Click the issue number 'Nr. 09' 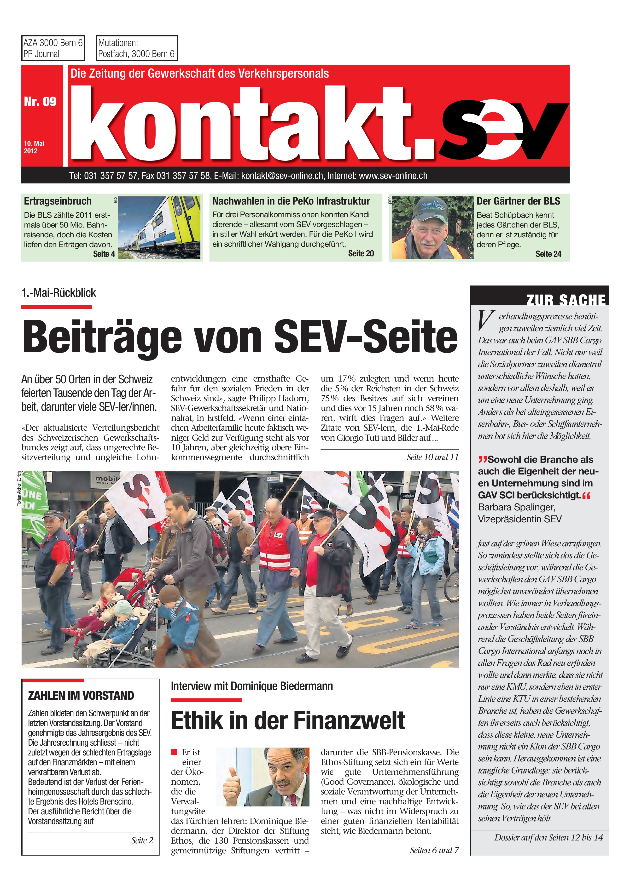[40, 102]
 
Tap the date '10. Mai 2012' [34, 147]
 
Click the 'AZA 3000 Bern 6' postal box [53, 48]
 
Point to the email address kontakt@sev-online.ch [282, 176]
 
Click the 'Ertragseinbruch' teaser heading [58, 201]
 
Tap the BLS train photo [159, 227]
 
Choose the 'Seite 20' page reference [361, 253]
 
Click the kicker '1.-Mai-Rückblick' [59, 293]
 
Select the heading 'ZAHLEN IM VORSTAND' [81, 695]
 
